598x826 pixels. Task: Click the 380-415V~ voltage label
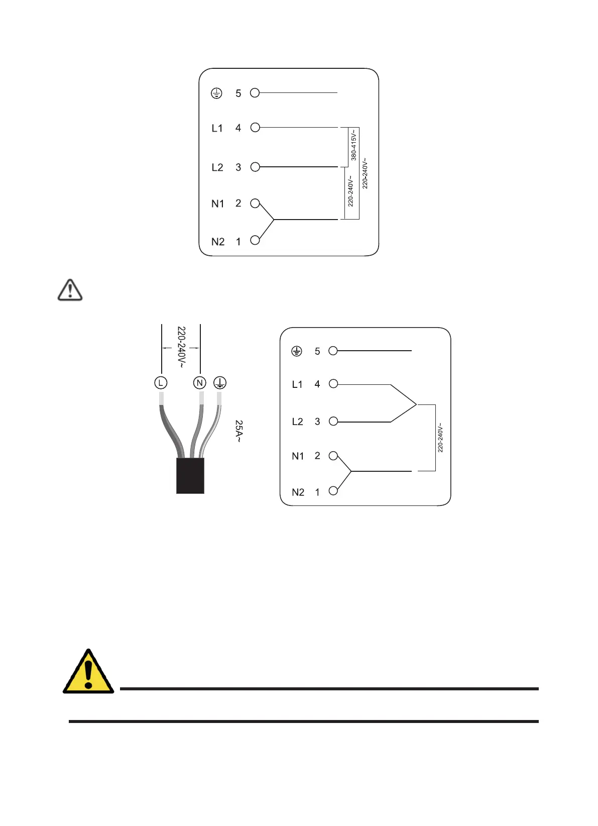pos(353,145)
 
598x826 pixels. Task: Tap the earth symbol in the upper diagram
pos(216,93)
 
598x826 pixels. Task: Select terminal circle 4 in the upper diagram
pos(255,128)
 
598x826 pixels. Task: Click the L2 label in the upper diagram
pos(217,167)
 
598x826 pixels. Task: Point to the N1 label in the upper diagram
pos(218,204)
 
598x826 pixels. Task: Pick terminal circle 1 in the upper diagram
pos(255,240)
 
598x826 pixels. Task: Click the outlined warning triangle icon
pos(70,290)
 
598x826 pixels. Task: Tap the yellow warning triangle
pos(88,672)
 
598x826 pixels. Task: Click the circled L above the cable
pos(161,383)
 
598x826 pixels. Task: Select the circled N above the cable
pos(200,383)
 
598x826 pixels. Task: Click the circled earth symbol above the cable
pos(220,383)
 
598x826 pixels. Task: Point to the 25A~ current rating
pos(239,431)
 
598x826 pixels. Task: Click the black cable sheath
pos(190,476)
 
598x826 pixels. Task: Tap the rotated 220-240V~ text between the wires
pos(181,347)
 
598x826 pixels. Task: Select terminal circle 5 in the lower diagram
pos(333,351)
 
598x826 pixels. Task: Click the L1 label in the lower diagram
pos(297,385)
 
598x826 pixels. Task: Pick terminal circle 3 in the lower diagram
pos(333,422)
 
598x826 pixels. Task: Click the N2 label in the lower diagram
pos(298,492)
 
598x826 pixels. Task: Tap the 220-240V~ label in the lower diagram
pos(440,438)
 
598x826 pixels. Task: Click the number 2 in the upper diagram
pos(238,203)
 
